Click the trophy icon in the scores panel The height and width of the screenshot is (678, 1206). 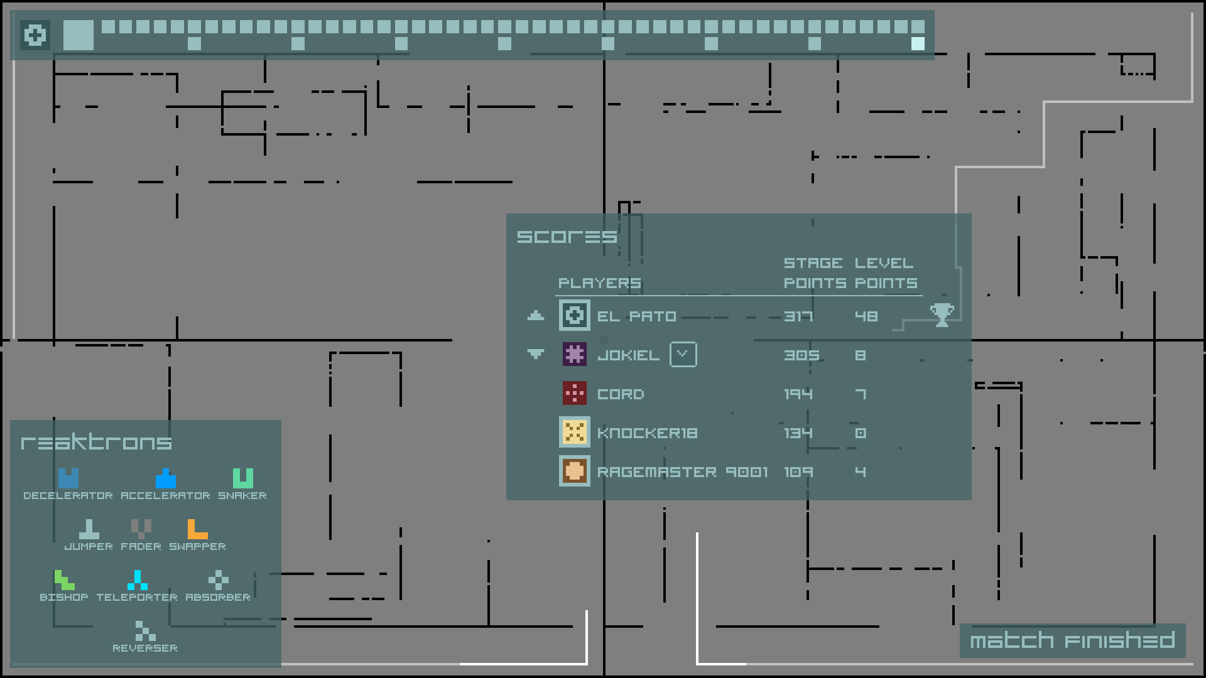[942, 315]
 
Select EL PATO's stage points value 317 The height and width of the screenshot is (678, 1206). [798, 316]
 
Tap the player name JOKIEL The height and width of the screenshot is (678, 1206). [628, 355]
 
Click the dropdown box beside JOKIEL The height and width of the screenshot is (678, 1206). [683, 355]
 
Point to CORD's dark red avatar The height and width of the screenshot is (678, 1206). [574, 394]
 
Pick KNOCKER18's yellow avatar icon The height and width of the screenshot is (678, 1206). [574, 433]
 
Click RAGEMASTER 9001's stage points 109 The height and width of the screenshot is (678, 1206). [798, 472]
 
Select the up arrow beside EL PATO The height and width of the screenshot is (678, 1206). [535, 315]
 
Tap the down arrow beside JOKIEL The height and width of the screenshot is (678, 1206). [535, 354]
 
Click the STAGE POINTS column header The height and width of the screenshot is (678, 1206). [815, 273]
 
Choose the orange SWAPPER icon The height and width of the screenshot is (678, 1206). [197, 529]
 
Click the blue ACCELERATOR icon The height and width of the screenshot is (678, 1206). [165, 478]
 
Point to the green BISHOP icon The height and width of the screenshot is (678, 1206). [64, 580]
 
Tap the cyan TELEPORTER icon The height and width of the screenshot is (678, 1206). [137, 580]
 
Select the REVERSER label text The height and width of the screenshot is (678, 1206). [145, 648]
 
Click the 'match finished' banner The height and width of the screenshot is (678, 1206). [1072, 640]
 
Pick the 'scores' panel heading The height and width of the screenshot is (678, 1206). [567, 237]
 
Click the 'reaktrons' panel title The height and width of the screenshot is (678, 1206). [96, 442]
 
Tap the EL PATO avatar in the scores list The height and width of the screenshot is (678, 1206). [574, 315]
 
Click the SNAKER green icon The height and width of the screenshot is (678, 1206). [242, 478]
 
